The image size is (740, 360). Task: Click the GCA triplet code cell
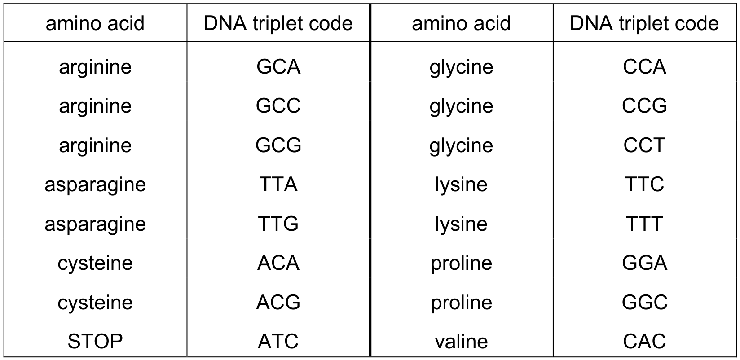pos(278,67)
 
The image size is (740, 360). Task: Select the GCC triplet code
pos(278,105)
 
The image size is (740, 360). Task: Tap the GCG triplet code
pos(278,145)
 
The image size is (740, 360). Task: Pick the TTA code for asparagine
pos(278,184)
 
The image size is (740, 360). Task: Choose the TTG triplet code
pos(278,224)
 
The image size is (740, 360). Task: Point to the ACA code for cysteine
pos(278,263)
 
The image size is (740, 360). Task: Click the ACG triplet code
pos(278,302)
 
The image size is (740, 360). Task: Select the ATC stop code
pos(278,341)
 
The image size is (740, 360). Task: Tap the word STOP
pos(95,341)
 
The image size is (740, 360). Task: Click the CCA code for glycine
pos(644,67)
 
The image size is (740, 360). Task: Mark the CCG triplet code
pos(644,105)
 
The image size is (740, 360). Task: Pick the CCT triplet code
pos(644,145)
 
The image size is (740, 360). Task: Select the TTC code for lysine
pos(644,184)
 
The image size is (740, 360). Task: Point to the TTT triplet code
pos(644,224)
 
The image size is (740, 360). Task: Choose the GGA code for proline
pos(644,263)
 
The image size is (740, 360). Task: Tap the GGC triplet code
pos(644,302)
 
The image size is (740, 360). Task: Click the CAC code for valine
pos(644,341)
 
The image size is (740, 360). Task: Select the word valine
pos(461,341)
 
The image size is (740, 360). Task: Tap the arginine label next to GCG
pos(95,145)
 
